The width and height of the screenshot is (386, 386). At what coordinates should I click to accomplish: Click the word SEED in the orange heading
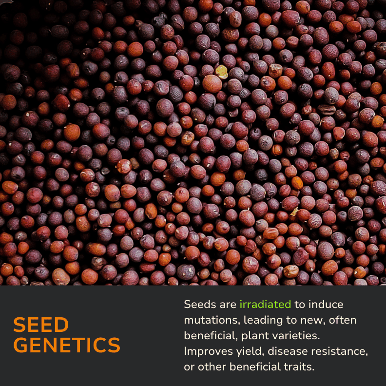[x=41, y=325]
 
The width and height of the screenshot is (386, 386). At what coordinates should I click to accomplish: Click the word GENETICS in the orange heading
[x=67, y=345]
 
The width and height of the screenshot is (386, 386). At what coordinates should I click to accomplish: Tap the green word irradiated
[x=265, y=304]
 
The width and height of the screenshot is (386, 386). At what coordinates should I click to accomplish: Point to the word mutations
[x=212, y=320]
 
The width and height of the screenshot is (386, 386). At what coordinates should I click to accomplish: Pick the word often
[x=343, y=320]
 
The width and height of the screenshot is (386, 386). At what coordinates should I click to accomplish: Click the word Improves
[x=208, y=352]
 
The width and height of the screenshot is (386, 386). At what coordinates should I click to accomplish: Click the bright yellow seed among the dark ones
[x=222, y=72]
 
